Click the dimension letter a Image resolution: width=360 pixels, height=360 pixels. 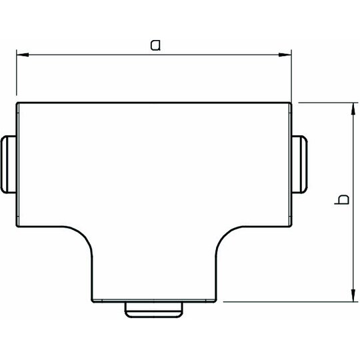tap(155, 45)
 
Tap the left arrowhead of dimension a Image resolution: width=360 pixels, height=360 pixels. tap(23, 55)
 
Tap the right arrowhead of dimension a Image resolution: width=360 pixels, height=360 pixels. tap(285, 55)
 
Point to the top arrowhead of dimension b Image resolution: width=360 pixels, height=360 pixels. tap(353, 109)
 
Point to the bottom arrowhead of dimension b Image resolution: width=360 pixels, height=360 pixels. tap(353, 295)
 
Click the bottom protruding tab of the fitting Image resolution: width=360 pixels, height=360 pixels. tap(154, 310)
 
